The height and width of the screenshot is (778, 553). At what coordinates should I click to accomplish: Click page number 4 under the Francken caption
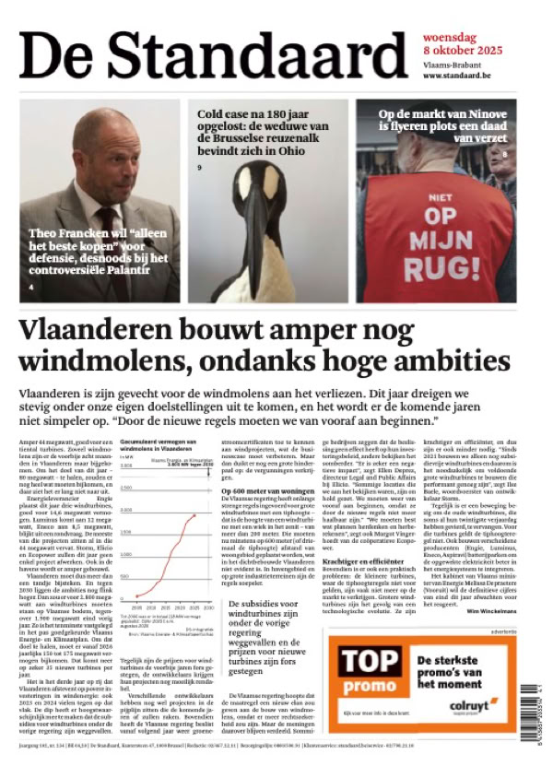coord(31,288)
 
